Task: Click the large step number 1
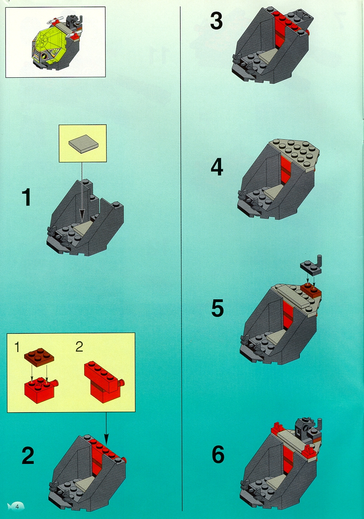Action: (x=26, y=197)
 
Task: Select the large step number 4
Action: (x=217, y=167)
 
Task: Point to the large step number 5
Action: (x=217, y=308)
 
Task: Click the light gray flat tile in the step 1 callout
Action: (x=84, y=144)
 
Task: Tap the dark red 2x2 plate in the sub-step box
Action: (x=39, y=356)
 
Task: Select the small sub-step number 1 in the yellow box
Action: (x=17, y=347)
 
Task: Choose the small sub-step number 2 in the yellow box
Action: (x=79, y=347)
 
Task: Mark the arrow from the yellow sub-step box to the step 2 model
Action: (x=106, y=428)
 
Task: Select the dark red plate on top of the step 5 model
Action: (x=311, y=290)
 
